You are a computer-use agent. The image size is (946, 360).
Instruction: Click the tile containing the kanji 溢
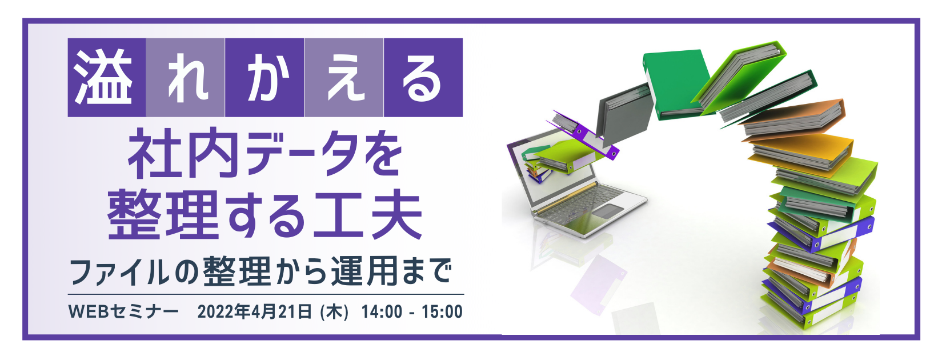[107, 78]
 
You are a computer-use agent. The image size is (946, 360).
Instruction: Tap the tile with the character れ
[186, 78]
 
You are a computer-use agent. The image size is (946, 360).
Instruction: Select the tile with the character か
[264, 78]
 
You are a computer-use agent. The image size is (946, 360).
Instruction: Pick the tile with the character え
[344, 78]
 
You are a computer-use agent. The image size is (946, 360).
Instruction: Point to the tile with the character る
[423, 78]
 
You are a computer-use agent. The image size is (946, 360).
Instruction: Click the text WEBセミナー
[123, 312]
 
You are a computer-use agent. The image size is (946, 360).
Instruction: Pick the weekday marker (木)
[334, 312]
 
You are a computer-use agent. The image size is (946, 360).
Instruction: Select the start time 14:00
[382, 312]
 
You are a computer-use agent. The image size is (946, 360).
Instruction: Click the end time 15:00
[442, 312]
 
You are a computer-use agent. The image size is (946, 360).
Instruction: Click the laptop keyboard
[577, 206]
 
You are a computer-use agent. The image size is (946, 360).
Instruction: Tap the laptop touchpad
[609, 211]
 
